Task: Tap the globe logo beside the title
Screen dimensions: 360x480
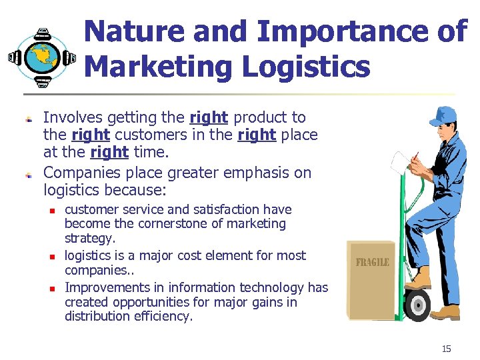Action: [x=42, y=57]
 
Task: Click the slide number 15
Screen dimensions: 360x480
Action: [x=446, y=349]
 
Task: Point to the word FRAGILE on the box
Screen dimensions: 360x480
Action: [x=373, y=262]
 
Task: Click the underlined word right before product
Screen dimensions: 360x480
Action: [x=209, y=118]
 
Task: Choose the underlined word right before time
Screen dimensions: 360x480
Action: [x=109, y=153]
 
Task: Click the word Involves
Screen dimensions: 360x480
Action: [x=70, y=118]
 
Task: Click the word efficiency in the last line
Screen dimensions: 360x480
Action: [x=165, y=317]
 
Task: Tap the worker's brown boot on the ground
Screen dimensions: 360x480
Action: [x=445, y=312]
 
